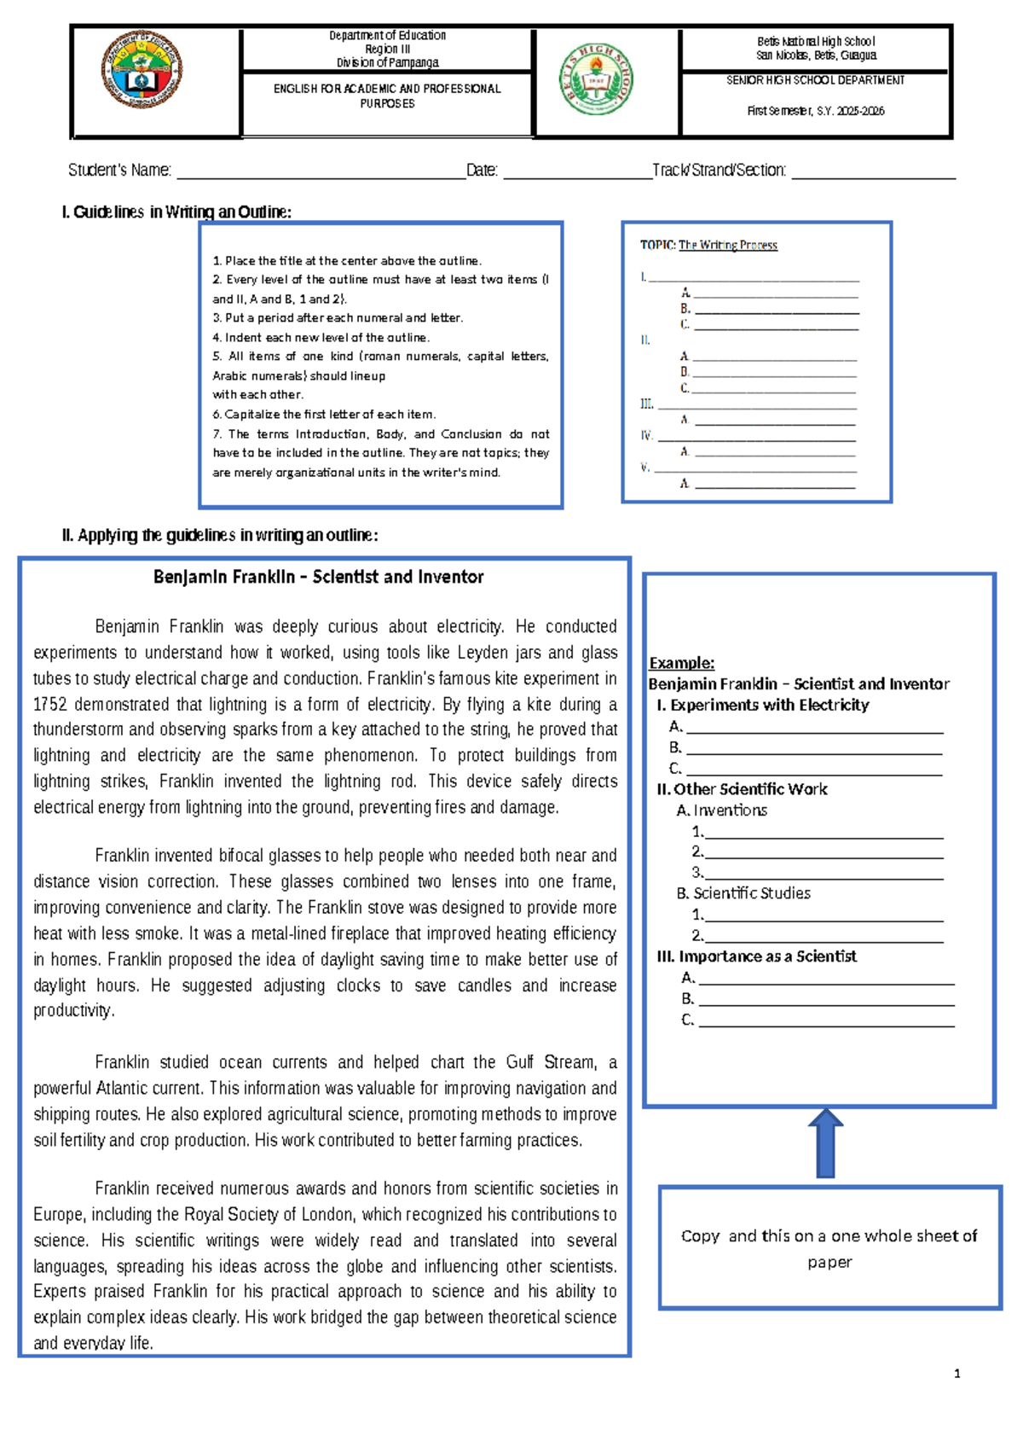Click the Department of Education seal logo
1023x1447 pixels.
coord(142,70)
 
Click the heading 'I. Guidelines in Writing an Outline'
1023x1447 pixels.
coord(176,212)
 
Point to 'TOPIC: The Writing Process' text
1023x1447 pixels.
coord(708,245)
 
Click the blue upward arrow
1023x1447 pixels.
coord(825,1143)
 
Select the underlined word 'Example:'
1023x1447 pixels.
coord(681,663)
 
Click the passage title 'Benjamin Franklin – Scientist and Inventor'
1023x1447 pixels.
coord(318,578)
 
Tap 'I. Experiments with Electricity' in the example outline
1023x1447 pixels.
coord(762,706)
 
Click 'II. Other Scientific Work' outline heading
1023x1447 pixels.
coord(742,789)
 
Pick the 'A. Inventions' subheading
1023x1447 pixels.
coord(721,811)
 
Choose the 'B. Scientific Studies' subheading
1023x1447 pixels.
coord(743,893)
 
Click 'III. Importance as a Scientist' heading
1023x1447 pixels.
coord(756,956)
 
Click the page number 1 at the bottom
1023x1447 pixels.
coord(957,1374)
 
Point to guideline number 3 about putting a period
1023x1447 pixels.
coord(338,318)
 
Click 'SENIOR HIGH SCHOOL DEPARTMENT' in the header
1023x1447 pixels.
coord(815,80)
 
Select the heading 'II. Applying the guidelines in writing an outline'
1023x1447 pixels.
coord(219,536)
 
